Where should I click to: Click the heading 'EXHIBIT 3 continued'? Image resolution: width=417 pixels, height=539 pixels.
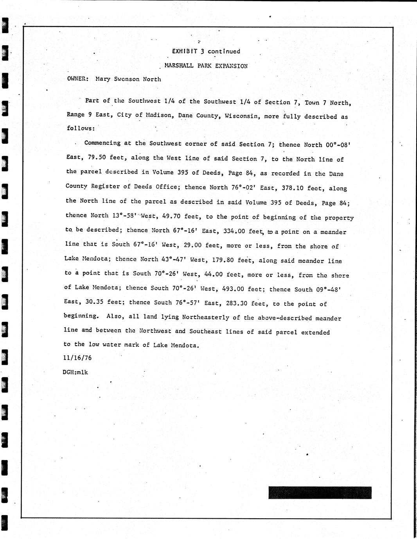[x=206, y=51]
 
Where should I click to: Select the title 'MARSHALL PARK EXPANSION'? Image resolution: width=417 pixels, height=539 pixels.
[x=206, y=66]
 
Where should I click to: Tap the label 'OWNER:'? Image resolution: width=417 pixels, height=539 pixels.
[x=78, y=79]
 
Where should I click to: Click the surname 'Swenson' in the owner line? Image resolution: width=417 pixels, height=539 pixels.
[x=126, y=79]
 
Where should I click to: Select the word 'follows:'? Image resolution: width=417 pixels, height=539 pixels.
[x=81, y=128]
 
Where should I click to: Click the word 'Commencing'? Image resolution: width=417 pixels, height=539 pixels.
[x=102, y=143]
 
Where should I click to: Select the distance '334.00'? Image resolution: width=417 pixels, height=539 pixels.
[x=234, y=231]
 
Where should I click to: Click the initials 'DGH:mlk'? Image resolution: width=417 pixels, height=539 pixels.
[x=75, y=372]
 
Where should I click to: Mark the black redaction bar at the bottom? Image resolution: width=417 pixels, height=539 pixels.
[x=320, y=493]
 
